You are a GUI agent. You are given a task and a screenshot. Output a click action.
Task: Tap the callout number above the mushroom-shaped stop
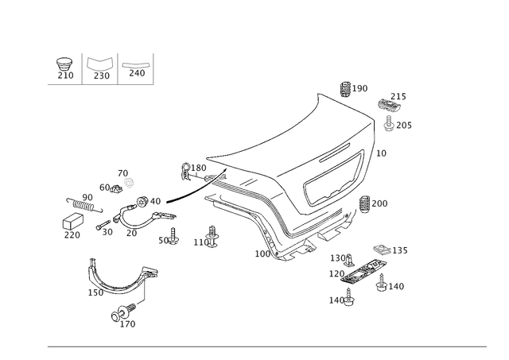click(x=400, y=96)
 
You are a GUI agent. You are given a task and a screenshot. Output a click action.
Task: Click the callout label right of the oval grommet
click(x=400, y=250)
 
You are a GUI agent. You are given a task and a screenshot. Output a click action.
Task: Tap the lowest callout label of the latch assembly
click(x=337, y=300)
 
